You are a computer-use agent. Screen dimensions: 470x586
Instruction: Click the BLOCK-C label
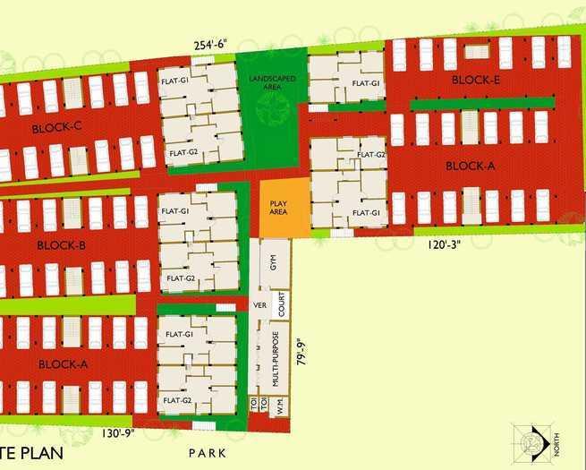tap(56, 128)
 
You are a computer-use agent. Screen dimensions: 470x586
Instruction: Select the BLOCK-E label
tap(476, 80)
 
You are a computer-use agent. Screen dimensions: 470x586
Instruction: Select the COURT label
tap(282, 305)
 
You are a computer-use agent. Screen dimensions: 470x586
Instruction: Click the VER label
tap(261, 304)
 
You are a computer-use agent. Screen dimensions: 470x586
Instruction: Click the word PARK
tap(208, 454)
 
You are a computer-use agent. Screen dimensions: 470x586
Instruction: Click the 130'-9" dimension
tap(118, 434)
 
